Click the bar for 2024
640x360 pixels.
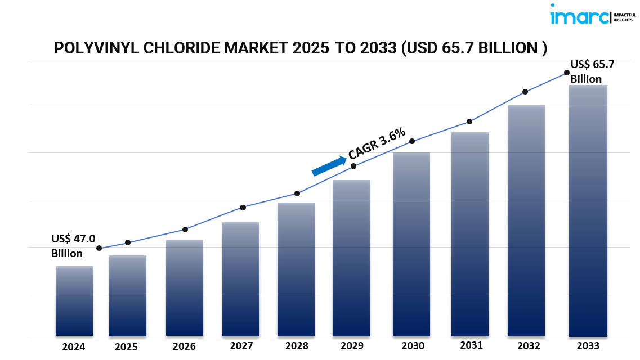pos(74,301)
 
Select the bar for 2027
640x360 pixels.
pos(241,280)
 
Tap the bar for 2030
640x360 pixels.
pos(411,245)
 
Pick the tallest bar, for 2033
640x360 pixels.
pos(588,211)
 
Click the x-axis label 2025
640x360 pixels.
pos(126,347)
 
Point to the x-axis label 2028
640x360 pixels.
pos(296,346)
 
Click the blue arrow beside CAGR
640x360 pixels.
pos(329,166)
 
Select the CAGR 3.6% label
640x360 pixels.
pos(377,143)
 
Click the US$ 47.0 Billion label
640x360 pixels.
pos(73,246)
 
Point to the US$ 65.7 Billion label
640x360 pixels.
pos(592,71)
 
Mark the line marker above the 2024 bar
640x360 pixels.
pos(99,248)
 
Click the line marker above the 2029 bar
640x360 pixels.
pos(353,166)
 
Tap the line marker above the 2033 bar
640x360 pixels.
pos(567,73)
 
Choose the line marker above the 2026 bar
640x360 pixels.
pos(185,229)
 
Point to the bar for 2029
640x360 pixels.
pos(351,258)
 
